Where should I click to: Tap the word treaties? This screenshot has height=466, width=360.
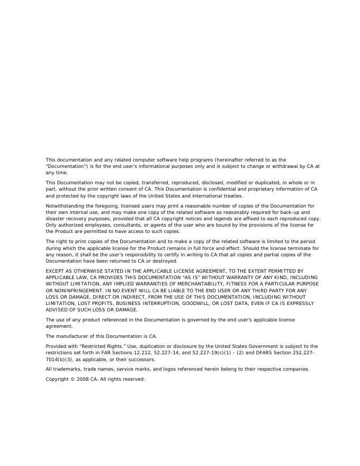pos(232,195)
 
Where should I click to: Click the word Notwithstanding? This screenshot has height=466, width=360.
pos(64,205)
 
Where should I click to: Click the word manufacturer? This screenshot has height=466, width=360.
pos(71,336)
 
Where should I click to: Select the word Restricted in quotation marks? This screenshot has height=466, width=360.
pos(94,346)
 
